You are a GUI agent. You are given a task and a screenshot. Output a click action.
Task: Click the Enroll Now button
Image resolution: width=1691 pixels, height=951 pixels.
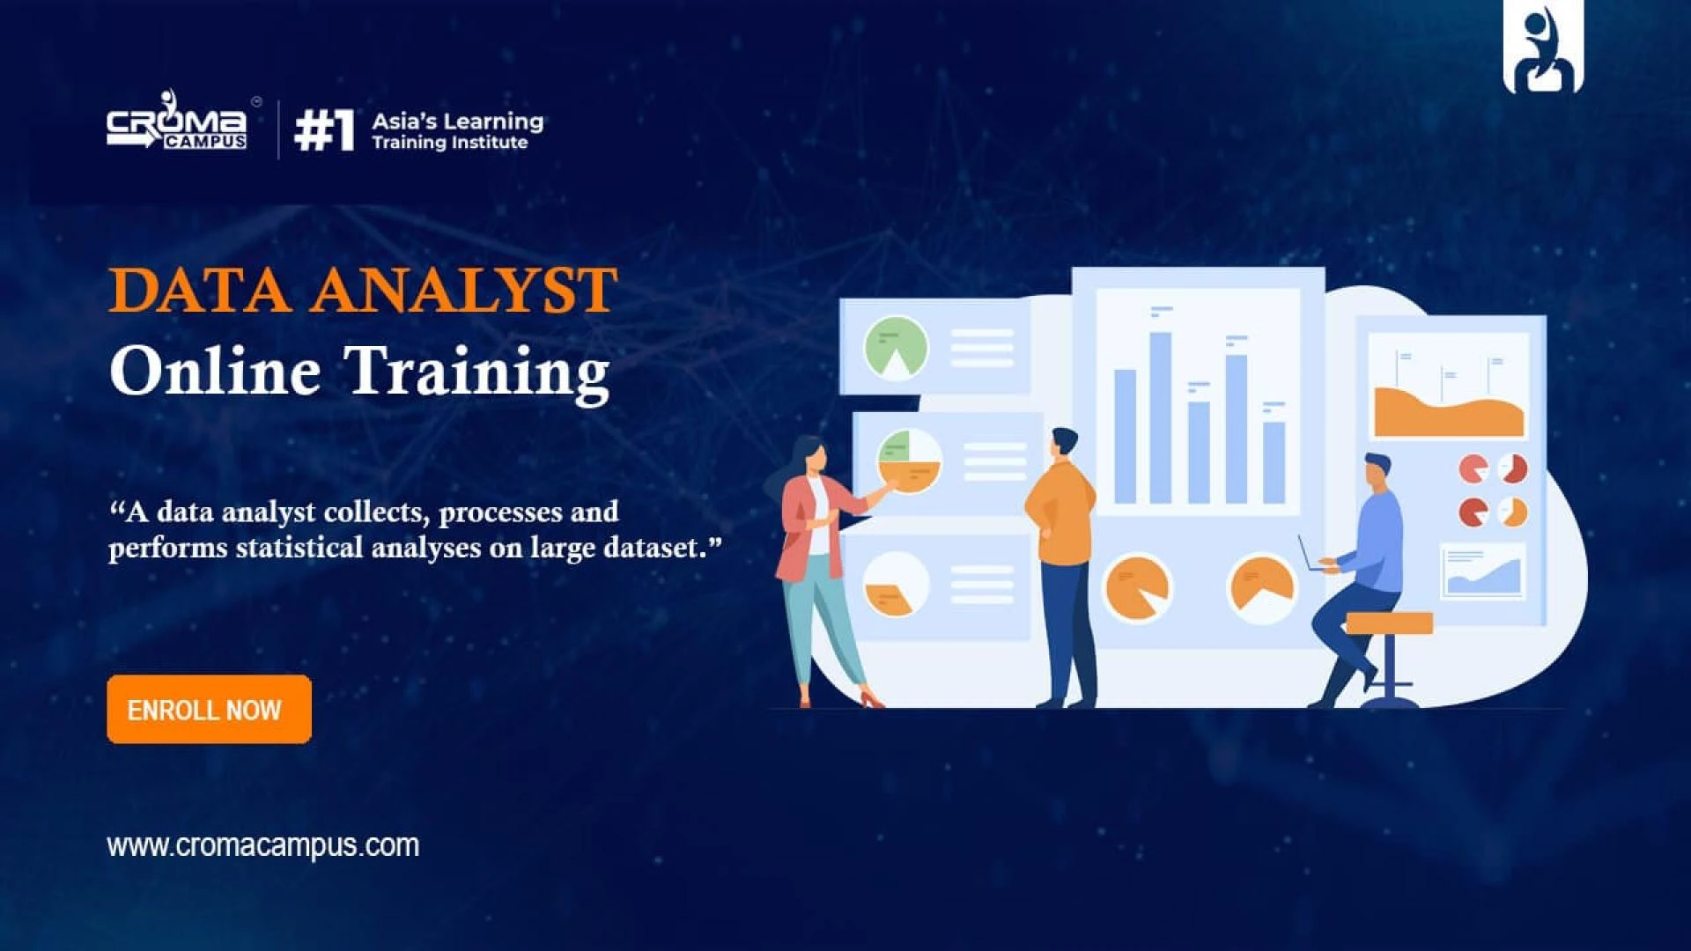(209, 709)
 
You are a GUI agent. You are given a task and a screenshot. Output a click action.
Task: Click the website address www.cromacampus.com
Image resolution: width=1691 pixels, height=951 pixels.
(263, 845)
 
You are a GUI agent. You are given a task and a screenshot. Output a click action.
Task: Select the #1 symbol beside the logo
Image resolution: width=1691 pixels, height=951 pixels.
(324, 130)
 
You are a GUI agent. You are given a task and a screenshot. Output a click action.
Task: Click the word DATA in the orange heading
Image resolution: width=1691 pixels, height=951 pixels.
(199, 291)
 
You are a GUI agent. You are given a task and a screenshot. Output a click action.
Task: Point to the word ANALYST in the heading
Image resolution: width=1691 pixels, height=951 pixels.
(463, 291)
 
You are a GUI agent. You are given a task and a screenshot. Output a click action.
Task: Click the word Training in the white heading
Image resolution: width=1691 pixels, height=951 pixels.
(476, 372)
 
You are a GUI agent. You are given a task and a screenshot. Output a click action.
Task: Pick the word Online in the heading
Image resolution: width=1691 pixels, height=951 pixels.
(214, 370)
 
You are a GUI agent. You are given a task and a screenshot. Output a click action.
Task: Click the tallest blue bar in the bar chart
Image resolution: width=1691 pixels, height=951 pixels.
(1160, 417)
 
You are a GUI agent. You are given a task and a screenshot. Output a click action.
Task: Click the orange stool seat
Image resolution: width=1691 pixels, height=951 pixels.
(1390, 623)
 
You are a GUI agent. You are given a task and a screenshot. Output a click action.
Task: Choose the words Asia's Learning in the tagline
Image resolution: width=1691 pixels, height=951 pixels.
(457, 121)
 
